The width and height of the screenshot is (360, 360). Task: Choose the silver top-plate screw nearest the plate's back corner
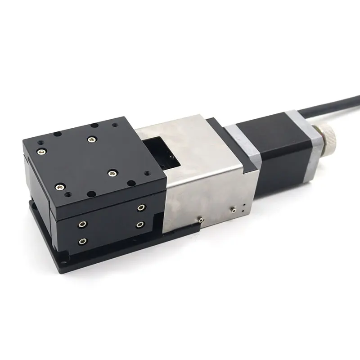point(92,139)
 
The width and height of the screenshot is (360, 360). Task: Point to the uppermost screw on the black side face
point(141,207)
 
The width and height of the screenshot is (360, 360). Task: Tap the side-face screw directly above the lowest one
point(82,224)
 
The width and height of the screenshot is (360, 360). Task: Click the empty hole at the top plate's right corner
point(131,183)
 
